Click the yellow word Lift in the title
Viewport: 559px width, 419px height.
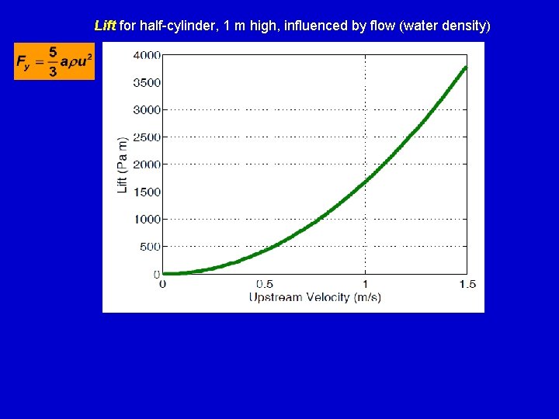pyautogui.click(x=105, y=26)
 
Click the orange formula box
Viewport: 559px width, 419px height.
pyautogui.click(x=54, y=61)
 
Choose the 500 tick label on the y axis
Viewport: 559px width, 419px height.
pyautogui.click(x=149, y=247)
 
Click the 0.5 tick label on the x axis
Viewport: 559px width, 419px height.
pyautogui.click(x=264, y=284)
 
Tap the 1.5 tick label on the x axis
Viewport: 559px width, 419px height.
pyautogui.click(x=467, y=284)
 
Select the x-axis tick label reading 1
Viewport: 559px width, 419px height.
pyautogui.click(x=366, y=284)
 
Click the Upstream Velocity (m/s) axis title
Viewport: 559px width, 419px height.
pyautogui.click(x=314, y=297)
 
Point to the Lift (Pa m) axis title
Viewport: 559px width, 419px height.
pyautogui.click(x=122, y=165)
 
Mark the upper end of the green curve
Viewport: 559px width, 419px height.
pyautogui.click(x=466, y=67)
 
